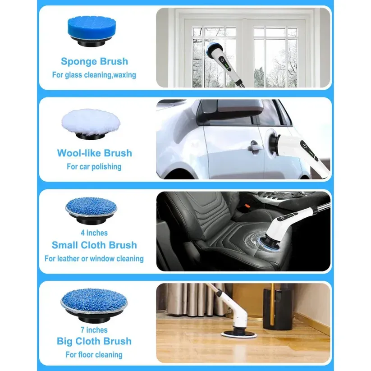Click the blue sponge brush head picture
point(95,31)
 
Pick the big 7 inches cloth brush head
point(94,302)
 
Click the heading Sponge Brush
point(95,61)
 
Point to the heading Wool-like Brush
point(95,153)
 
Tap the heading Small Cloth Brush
point(94,245)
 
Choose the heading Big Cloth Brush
point(94,341)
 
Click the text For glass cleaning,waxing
point(94,75)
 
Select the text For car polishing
point(94,167)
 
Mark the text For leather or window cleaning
point(94,259)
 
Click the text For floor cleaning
point(94,355)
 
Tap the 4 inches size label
point(94,233)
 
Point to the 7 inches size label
point(94,330)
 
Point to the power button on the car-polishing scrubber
point(307,147)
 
